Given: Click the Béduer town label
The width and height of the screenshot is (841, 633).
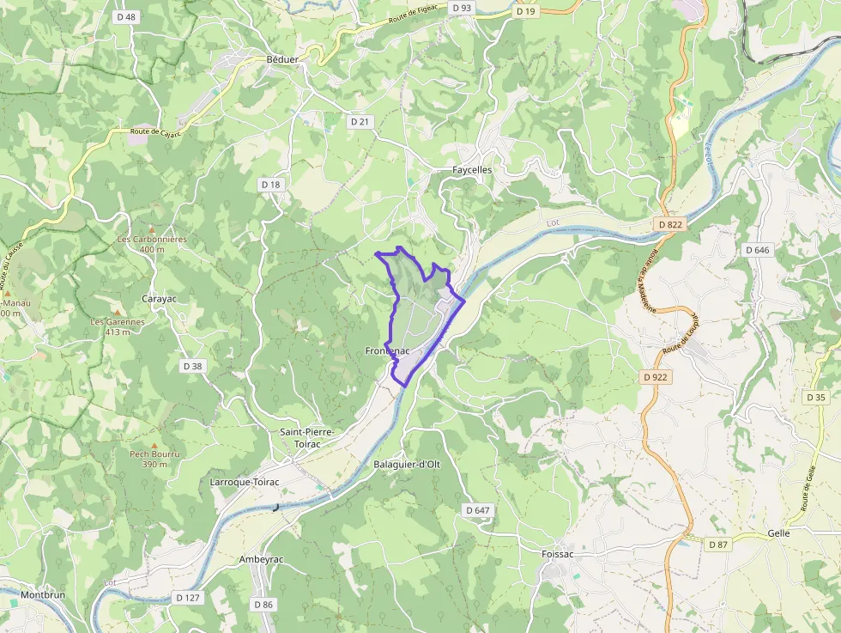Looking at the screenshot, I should click(x=282, y=59).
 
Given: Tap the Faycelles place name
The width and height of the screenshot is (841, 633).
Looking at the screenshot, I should click(x=472, y=170).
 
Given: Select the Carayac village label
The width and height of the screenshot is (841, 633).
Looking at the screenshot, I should click(x=159, y=299).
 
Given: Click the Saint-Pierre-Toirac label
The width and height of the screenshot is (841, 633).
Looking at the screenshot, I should click(x=306, y=438).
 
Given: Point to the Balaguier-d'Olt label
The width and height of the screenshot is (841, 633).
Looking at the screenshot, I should click(x=407, y=465).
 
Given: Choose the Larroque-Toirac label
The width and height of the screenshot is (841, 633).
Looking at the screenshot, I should click(x=245, y=483).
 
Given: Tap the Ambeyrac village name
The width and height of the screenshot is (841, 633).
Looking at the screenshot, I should click(x=261, y=559).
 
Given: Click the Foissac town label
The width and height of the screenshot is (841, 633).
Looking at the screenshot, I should click(x=558, y=554).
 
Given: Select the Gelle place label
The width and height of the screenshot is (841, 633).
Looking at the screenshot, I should click(x=778, y=533).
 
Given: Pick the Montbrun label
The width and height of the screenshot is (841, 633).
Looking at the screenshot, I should click(x=43, y=594).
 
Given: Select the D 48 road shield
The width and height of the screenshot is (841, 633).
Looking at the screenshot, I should click(x=126, y=16).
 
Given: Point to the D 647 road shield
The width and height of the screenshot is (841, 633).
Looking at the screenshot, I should click(x=479, y=510).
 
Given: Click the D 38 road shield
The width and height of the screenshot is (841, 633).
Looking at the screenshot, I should click(x=193, y=366).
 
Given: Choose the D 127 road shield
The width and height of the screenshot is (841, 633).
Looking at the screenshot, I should click(x=187, y=597).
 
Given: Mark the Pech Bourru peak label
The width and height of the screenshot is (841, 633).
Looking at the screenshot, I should click(x=154, y=459).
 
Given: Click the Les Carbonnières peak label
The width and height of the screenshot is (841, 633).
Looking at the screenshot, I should click(x=152, y=244).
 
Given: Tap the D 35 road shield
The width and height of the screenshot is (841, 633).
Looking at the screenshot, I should click(x=816, y=398).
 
